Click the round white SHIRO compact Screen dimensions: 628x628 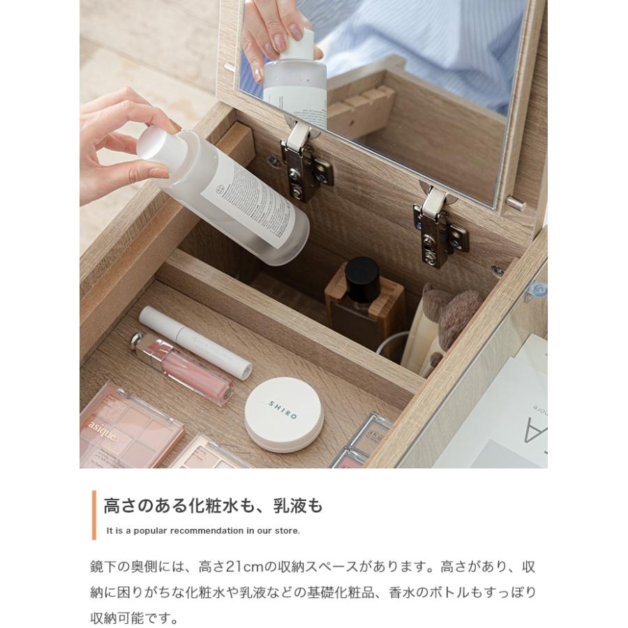[283, 414]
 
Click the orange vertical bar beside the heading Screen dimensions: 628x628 [94, 515]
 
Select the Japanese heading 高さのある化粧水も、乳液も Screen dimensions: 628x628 [213, 506]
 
